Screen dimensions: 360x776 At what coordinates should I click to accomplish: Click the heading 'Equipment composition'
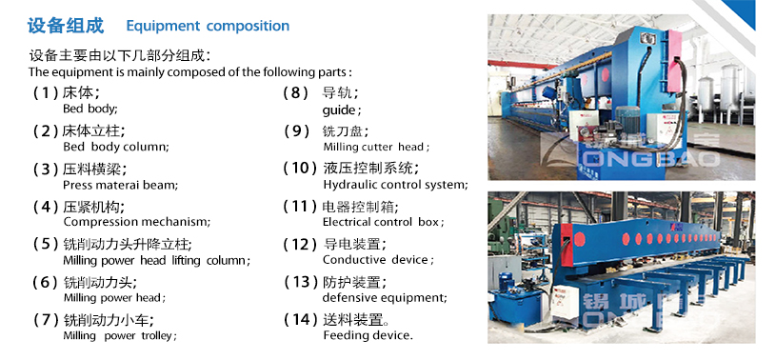(208, 26)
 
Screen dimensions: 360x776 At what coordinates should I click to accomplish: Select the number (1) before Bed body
(46, 93)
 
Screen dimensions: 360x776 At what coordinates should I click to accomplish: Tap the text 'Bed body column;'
(115, 147)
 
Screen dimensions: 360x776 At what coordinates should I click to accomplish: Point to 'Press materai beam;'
(120, 185)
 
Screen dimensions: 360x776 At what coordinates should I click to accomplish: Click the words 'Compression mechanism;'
(135, 222)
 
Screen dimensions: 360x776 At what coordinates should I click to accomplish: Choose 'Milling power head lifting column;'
(156, 260)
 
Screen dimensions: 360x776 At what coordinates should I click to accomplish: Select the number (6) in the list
(46, 282)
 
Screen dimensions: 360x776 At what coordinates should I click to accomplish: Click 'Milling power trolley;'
(120, 335)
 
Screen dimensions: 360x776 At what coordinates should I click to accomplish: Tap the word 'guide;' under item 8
(342, 110)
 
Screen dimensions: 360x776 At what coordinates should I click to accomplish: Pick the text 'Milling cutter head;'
(376, 147)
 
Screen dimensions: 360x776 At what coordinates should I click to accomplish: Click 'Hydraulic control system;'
(395, 185)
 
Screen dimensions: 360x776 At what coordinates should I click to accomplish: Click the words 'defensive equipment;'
(384, 297)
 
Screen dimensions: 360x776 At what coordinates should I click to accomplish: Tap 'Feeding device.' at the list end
(368, 335)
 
